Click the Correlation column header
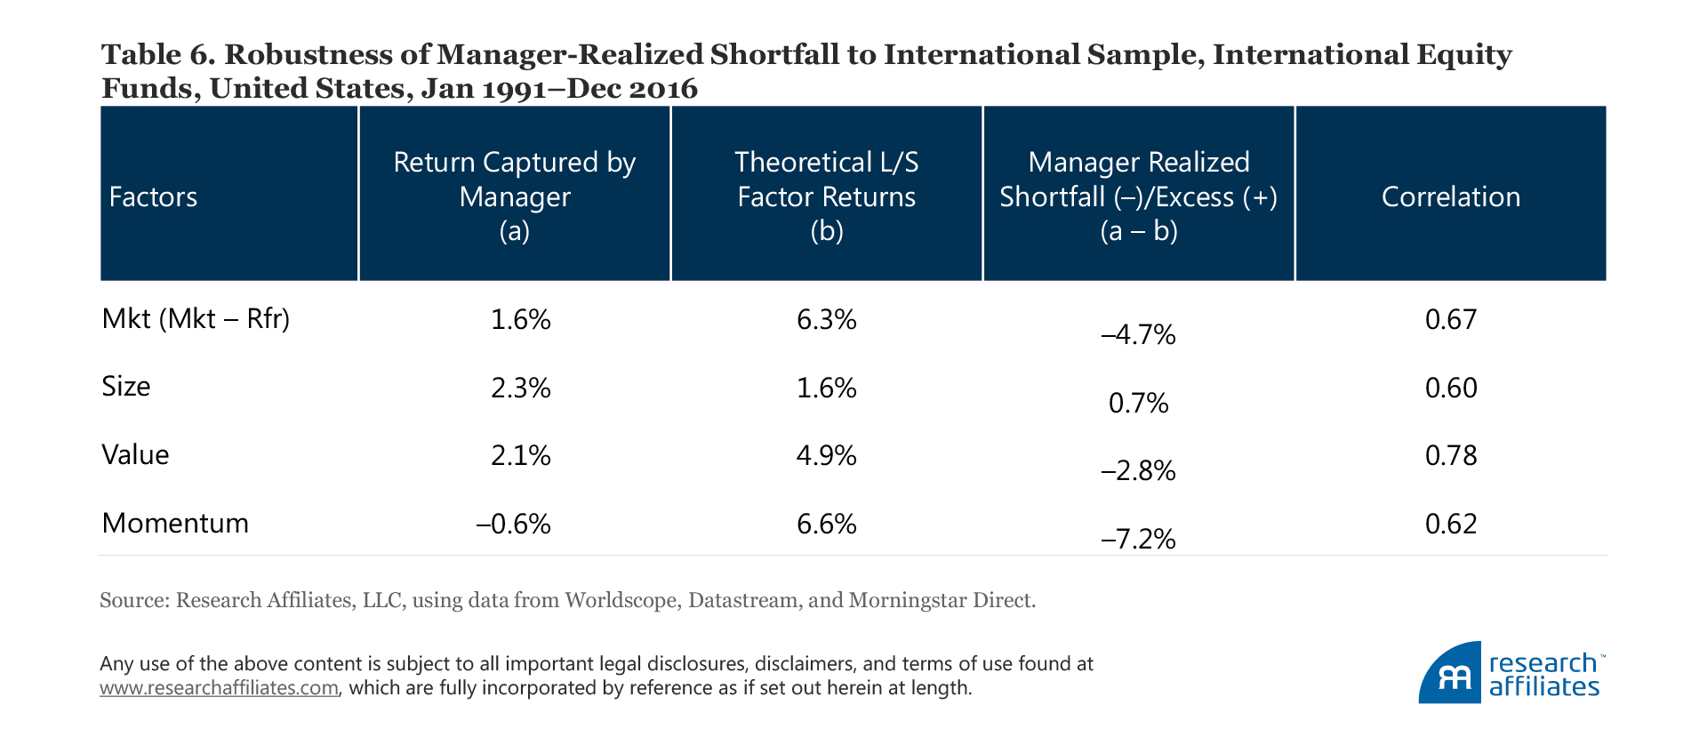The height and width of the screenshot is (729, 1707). tap(1450, 196)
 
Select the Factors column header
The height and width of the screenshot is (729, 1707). tap(153, 196)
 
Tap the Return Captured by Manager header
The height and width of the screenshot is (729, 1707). tap(514, 196)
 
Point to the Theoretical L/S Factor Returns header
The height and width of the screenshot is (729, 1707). tap(826, 196)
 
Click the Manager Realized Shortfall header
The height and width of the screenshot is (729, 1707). tap(1138, 196)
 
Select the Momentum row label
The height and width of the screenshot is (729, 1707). tap(175, 523)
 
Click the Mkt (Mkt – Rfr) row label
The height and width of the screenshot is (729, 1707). tap(196, 318)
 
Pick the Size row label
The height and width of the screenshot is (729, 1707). tap(126, 387)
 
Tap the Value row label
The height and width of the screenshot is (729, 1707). tap(135, 455)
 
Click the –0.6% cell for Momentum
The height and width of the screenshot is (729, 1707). tap(514, 524)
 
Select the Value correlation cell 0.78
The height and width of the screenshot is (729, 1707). tap(1451, 455)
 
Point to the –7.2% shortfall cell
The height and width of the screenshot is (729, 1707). tap(1138, 539)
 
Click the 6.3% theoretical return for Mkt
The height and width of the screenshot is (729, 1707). tap(826, 319)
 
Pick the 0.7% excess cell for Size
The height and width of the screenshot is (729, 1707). tap(1138, 403)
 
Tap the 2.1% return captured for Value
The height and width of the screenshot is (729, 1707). tap(521, 455)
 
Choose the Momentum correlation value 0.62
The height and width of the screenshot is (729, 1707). tap(1451, 524)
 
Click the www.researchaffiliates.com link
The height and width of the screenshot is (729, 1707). tap(219, 688)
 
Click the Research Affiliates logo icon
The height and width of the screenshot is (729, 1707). tap(1449, 673)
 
